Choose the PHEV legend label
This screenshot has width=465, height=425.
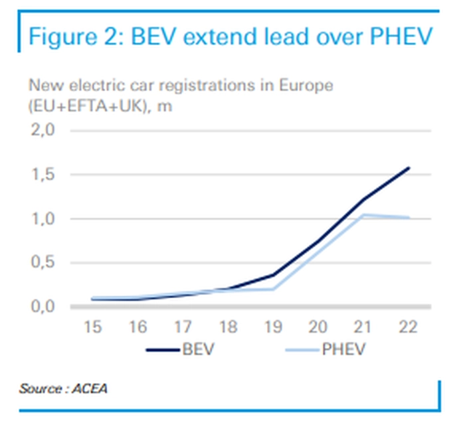[343, 349]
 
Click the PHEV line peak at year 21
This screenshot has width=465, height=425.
[362, 214]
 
